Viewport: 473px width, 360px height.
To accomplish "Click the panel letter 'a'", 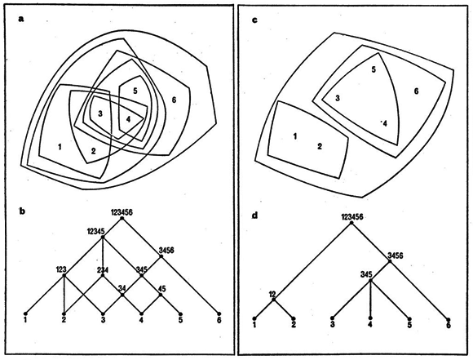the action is [21, 20].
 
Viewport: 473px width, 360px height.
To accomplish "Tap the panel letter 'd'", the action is [255, 216].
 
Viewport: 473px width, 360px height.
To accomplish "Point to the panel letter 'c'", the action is [255, 20].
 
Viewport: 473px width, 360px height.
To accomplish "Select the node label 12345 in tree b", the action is [95, 232].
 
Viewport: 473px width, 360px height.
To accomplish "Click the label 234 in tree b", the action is [103, 269].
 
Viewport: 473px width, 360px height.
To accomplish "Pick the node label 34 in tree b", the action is [122, 288].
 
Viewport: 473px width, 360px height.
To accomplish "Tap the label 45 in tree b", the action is [161, 288].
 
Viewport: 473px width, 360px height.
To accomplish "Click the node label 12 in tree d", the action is [272, 294].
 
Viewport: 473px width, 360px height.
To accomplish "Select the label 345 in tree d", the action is [366, 274].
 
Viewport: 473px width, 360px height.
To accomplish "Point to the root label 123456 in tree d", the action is [352, 217].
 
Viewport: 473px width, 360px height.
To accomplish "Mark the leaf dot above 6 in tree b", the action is [219, 313].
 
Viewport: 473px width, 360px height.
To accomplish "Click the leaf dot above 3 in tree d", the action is [332, 318].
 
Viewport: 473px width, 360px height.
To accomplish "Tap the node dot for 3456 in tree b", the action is [161, 256].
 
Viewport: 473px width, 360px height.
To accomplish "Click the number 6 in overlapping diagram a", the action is [174, 100].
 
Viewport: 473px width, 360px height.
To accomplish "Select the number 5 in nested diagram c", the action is [374, 69].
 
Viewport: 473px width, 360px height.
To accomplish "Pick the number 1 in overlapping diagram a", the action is [60, 147].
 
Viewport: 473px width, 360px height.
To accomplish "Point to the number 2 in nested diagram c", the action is [320, 146].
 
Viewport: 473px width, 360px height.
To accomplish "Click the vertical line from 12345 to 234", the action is [103, 256].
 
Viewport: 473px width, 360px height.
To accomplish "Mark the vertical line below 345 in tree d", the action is [371, 300].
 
